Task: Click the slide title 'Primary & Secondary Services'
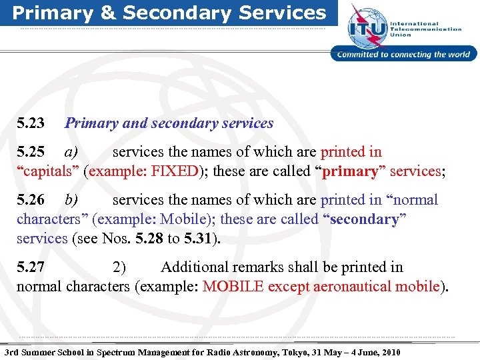(169, 13)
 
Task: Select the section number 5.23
(31, 123)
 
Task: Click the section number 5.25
(31, 152)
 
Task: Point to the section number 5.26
(31, 200)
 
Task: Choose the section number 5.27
(31, 267)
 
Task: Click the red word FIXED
(175, 171)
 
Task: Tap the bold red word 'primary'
(350, 171)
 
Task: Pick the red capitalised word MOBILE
(228, 287)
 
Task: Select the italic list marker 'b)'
(71, 200)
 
